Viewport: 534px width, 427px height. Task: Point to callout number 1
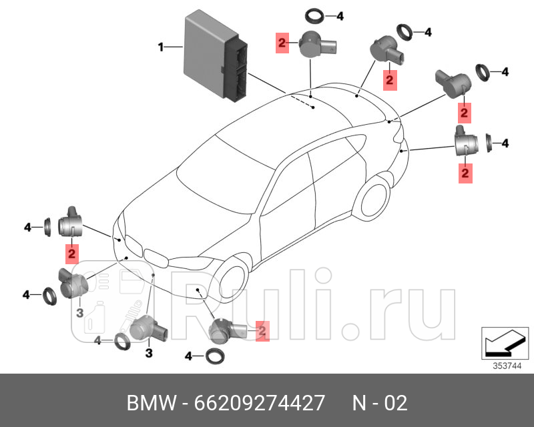161,47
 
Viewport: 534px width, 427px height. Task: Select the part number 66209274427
260,404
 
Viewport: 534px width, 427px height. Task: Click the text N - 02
379,404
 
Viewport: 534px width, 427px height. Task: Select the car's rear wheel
372,198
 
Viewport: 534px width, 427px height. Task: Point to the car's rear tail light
398,137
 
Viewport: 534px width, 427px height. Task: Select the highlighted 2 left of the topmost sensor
282,45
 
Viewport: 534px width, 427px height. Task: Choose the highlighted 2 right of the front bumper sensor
262,330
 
